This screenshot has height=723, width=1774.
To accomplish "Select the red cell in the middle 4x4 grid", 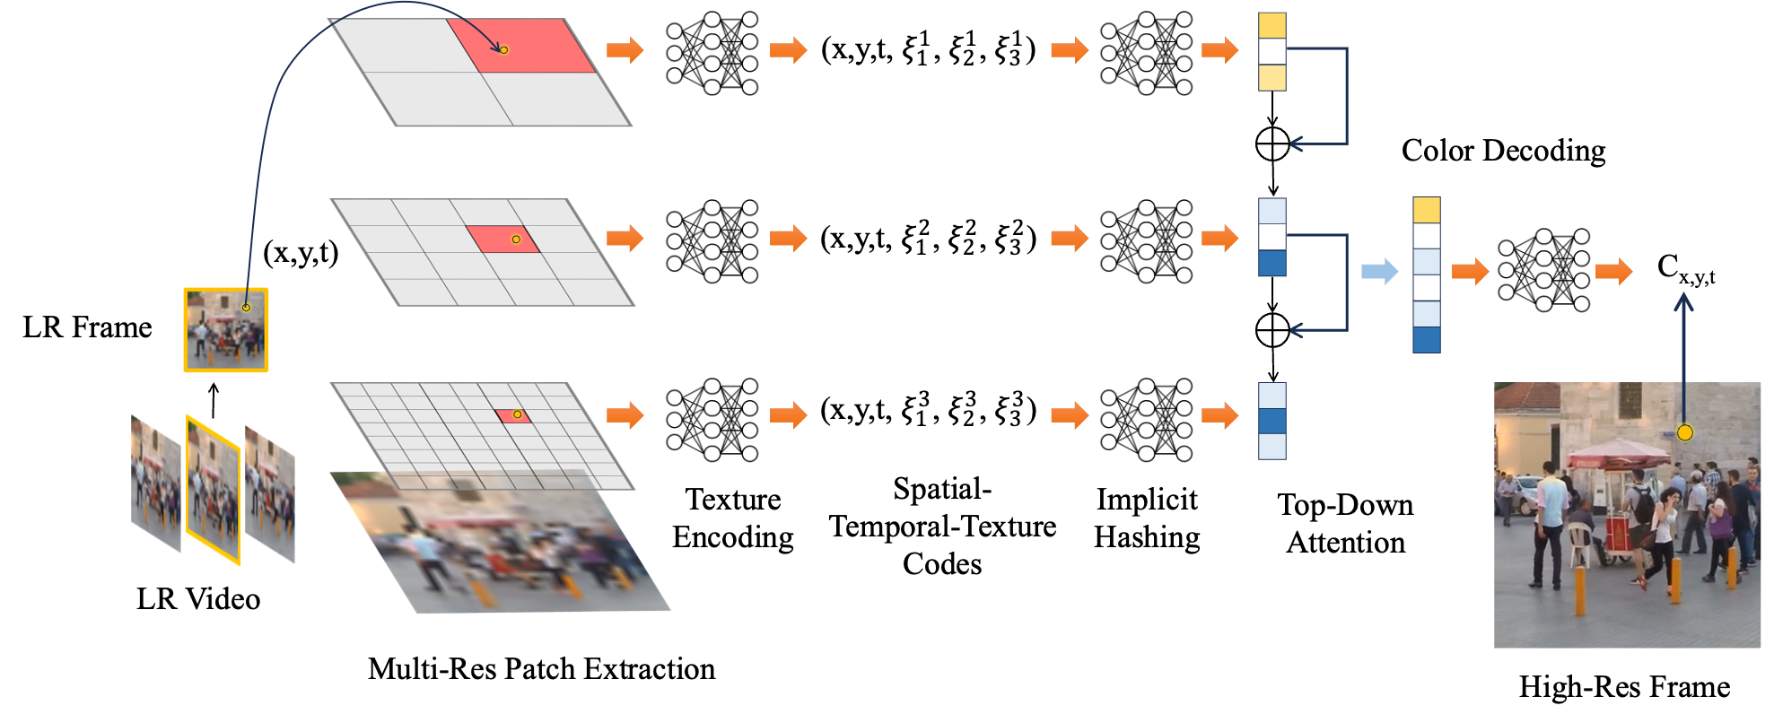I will pyautogui.click(x=502, y=240).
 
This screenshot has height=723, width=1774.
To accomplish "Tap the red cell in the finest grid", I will pyautogui.click(x=513, y=416).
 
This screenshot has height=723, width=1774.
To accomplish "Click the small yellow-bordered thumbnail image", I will pyautogui.click(x=226, y=330).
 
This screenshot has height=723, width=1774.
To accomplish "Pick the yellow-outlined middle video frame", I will pyautogui.click(x=214, y=490).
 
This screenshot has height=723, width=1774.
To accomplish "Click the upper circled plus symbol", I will pyautogui.click(x=1272, y=144).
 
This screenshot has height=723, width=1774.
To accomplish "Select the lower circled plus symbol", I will pyautogui.click(x=1272, y=330).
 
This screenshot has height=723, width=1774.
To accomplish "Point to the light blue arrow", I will pyautogui.click(x=1379, y=271).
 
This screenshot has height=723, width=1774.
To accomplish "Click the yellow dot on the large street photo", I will pyautogui.click(x=1684, y=433).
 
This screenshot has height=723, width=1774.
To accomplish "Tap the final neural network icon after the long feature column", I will pyautogui.click(x=1543, y=270).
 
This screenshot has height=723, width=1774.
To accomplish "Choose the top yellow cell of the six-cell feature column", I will pyautogui.click(x=1427, y=210).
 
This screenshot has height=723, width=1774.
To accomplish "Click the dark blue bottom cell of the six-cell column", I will pyautogui.click(x=1427, y=340).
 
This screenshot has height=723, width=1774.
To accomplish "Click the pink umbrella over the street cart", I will pyautogui.click(x=1620, y=454).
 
